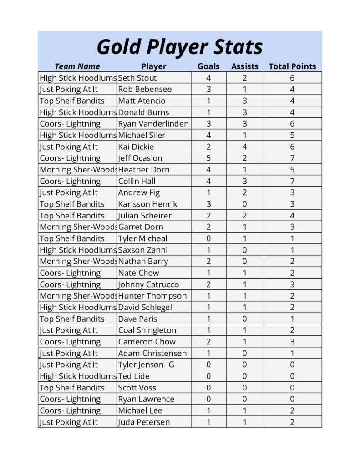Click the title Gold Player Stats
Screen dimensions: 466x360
pyautogui.click(x=180, y=47)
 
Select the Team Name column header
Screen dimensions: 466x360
pyautogui.click(x=77, y=66)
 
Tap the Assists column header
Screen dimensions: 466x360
pyautogui.click(x=244, y=66)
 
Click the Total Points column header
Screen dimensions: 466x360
pyautogui.click(x=292, y=66)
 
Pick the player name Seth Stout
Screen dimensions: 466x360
pyautogui.click(x=137, y=78)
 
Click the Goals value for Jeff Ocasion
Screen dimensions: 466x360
pyautogui.click(x=208, y=158)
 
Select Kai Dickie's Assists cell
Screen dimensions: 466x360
pyautogui.click(x=244, y=147)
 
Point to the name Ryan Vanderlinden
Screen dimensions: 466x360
pyautogui.click(x=153, y=124)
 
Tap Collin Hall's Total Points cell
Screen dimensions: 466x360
pyautogui.click(x=292, y=181)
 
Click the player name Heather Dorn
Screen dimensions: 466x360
pyautogui.click(x=144, y=170)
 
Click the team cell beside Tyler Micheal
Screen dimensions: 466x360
pyautogui.click(x=72, y=238)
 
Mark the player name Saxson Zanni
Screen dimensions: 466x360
pyautogui.click(x=143, y=250)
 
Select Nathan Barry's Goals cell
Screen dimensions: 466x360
pyautogui.click(x=208, y=261)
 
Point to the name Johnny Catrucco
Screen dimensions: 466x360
pyautogui.click(x=148, y=284)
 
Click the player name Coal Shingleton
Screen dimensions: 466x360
pyautogui.click(x=147, y=330)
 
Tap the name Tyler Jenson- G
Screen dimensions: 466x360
pyautogui.click(x=146, y=365)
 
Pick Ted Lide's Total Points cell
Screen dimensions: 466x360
pyautogui.click(x=292, y=376)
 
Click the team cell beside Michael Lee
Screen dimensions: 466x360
pyautogui.click(x=70, y=410)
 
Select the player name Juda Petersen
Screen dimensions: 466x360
pyautogui.click(x=144, y=422)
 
